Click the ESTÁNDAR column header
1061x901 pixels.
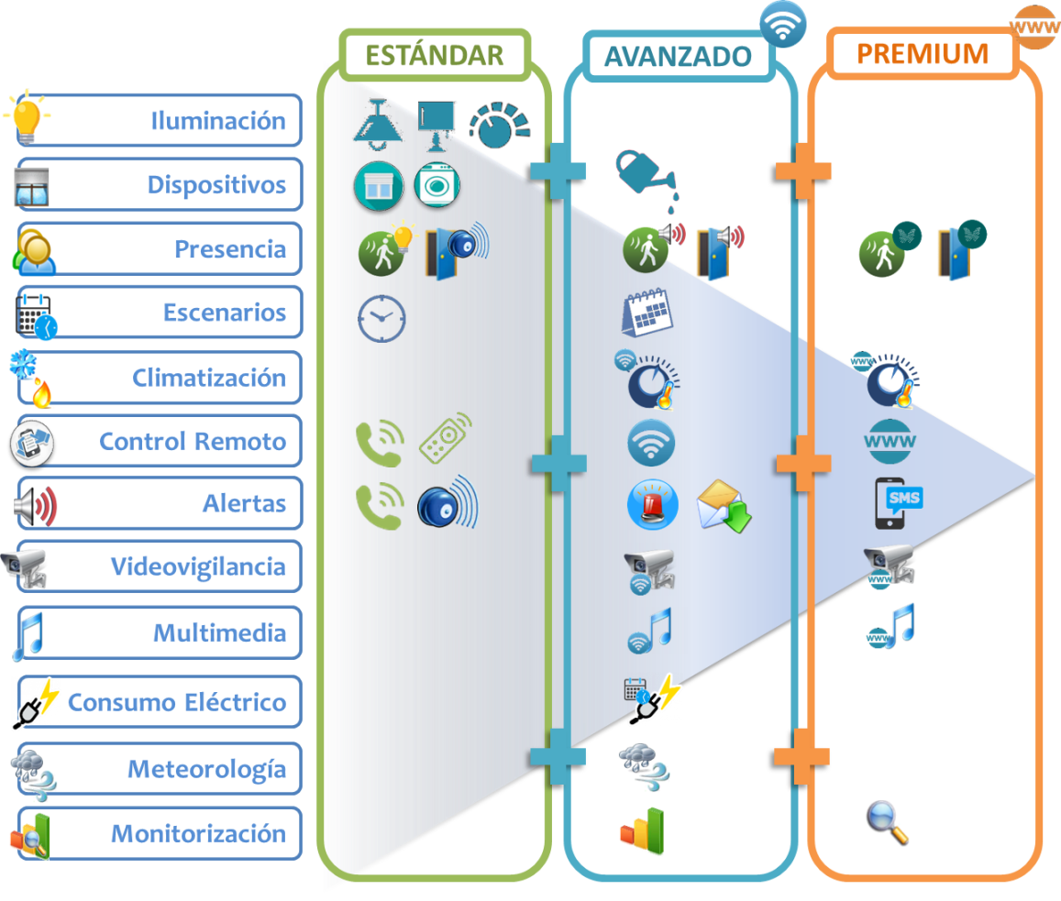pos(435,54)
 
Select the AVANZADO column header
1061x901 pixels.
pos(678,56)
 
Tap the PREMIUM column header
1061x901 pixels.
pos(923,53)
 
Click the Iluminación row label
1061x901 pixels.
pos(218,120)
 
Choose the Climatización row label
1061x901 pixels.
pos(209,377)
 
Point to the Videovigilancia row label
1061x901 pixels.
pos(198,566)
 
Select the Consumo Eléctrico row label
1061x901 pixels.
pos(177,703)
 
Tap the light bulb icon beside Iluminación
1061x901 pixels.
pos(27,116)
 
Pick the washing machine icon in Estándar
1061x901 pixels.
pos(437,185)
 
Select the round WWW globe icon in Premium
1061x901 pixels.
pos(890,443)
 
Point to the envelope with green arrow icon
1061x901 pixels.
pos(724,507)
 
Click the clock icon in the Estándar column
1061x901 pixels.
pos(381,318)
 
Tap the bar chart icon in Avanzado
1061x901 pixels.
pos(643,830)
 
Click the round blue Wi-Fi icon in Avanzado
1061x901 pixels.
pos(651,444)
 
